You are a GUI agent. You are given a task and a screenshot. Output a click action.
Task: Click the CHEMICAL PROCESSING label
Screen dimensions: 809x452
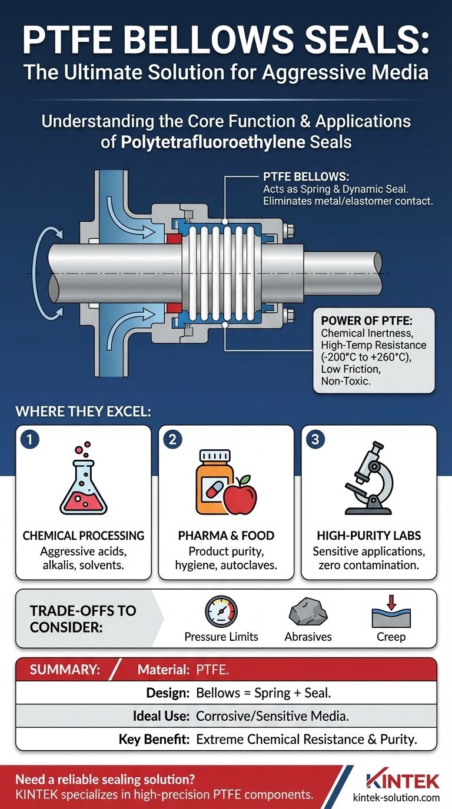[x=83, y=535]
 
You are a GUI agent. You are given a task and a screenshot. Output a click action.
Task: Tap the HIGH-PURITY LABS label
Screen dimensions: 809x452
[x=368, y=535]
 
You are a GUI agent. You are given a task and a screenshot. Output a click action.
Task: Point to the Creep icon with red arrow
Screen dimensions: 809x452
[x=391, y=613]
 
